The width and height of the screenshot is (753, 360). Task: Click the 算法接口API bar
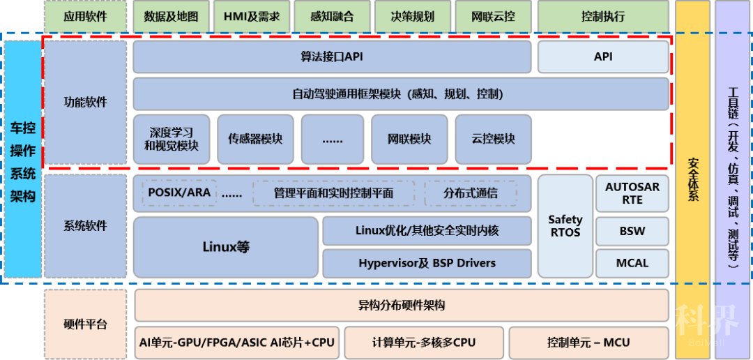pyautogui.click(x=332, y=57)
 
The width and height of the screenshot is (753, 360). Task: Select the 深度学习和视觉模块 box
pyautogui.click(x=171, y=140)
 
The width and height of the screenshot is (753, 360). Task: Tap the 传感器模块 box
pyautogui.click(x=255, y=140)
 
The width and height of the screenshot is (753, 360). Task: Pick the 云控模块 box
pyautogui.click(x=493, y=140)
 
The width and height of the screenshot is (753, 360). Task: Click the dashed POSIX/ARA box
pyautogui.click(x=179, y=193)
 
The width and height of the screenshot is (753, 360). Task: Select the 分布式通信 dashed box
pyautogui.click(x=471, y=193)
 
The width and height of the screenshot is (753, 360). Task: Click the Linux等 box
pyautogui.click(x=226, y=247)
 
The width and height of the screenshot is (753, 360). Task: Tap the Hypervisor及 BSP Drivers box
pyautogui.click(x=427, y=263)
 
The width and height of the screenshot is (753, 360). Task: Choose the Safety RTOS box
pyautogui.click(x=565, y=226)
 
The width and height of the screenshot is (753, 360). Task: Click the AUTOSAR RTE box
pyautogui.click(x=632, y=194)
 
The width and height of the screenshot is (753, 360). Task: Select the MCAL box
pyautogui.click(x=632, y=263)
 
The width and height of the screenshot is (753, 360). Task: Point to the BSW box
pyautogui.click(x=632, y=231)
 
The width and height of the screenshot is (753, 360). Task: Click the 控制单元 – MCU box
pyautogui.click(x=588, y=343)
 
